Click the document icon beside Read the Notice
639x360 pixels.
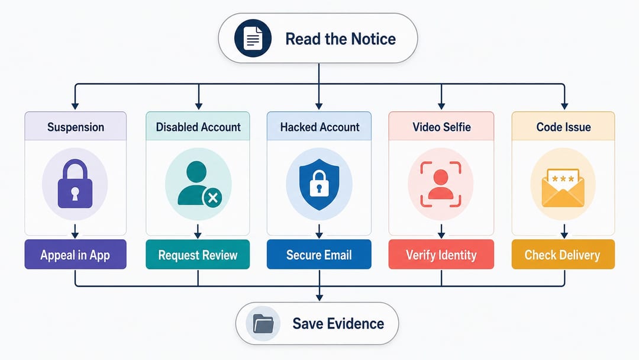(253, 38)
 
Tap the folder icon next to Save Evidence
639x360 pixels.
(263, 324)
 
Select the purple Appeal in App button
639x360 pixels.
(75, 255)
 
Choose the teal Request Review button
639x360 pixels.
(198, 255)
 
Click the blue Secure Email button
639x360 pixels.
(319, 255)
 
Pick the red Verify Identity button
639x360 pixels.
(441, 255)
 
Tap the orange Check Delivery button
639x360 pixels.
(563, 255)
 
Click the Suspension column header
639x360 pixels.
(75, 126)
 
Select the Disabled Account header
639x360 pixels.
(198, 126)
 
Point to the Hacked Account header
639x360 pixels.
(319, 126)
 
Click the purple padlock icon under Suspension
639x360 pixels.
(75, 184)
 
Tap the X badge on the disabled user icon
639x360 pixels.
(212, 198)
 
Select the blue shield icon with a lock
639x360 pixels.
(319, 184)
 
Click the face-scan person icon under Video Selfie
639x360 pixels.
(441, 184)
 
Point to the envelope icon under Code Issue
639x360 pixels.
(563, 188)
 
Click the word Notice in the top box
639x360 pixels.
(373, 38)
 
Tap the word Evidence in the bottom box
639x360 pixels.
(356, 324)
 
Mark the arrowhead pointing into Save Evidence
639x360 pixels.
(319, 298)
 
